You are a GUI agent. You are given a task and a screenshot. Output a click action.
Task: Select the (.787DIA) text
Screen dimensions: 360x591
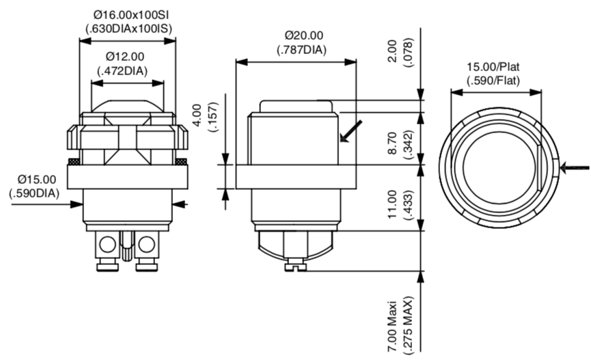click(303, 49)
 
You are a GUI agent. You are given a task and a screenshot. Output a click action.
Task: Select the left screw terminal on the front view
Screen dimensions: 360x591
click(107, 245)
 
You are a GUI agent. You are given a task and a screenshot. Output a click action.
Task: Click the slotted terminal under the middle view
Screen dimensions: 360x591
click(296, 266)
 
